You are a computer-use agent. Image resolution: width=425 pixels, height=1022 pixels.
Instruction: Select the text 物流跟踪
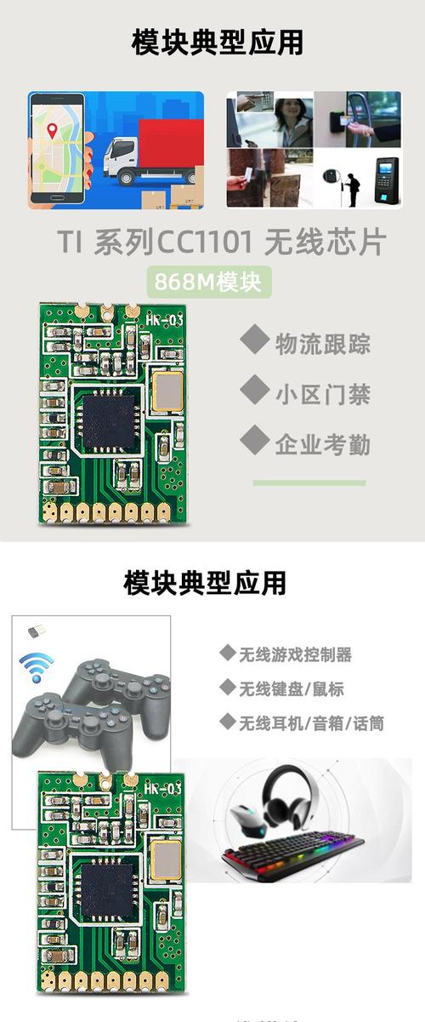click(x=322, y=344)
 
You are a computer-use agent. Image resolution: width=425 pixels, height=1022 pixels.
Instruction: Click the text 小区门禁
click(x=322, y=393)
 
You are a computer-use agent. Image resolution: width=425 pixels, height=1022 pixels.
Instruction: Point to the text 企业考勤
click(x=322, y=443)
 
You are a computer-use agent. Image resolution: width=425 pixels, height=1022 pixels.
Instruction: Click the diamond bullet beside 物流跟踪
click(x=253, y=340)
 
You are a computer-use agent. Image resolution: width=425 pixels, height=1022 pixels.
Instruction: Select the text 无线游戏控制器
click(x=294, y=654)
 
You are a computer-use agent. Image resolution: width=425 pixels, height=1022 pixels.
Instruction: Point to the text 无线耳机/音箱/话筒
click(x=310, y=723)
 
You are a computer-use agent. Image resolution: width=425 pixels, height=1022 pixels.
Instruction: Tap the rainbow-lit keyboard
click(x=293, y=851)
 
